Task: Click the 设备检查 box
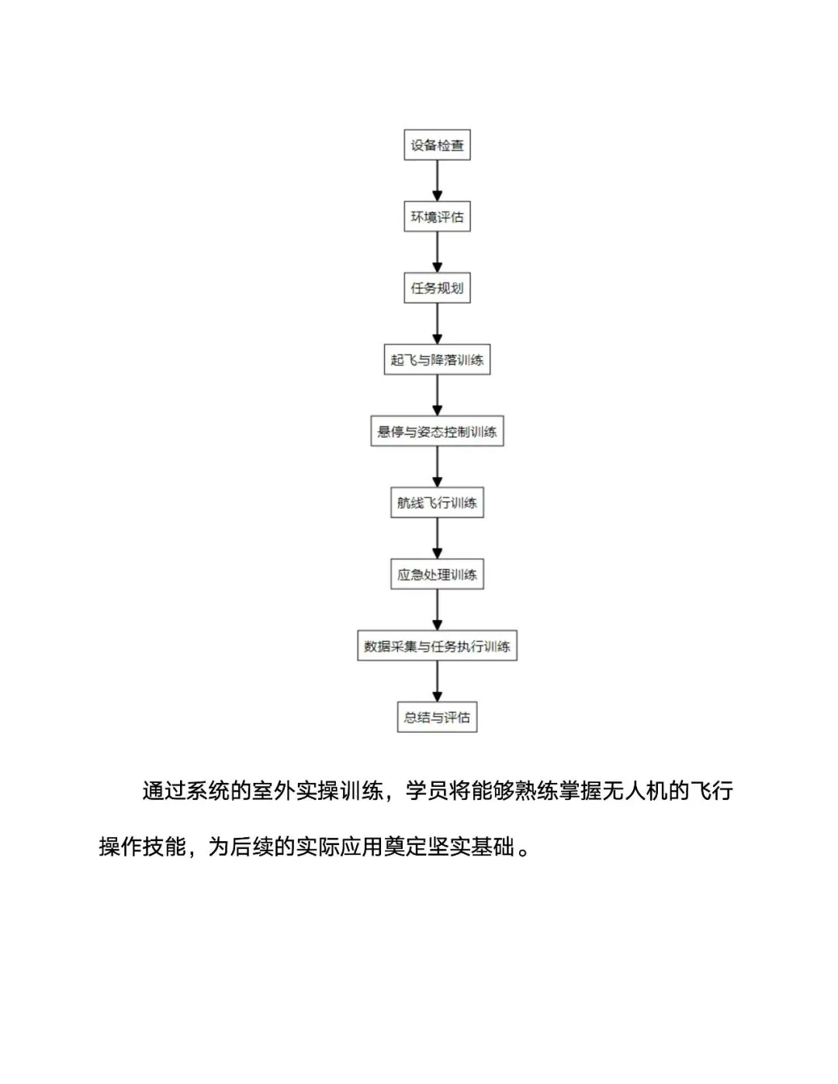437,145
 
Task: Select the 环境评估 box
437,216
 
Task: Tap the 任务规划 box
437,288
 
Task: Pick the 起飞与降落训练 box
437,360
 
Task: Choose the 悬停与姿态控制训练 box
437,431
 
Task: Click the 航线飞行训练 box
437,503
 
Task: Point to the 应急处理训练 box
437,574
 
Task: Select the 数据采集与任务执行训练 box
437,646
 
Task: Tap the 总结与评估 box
437,717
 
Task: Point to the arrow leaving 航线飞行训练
437,539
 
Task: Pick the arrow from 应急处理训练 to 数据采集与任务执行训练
437,610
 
